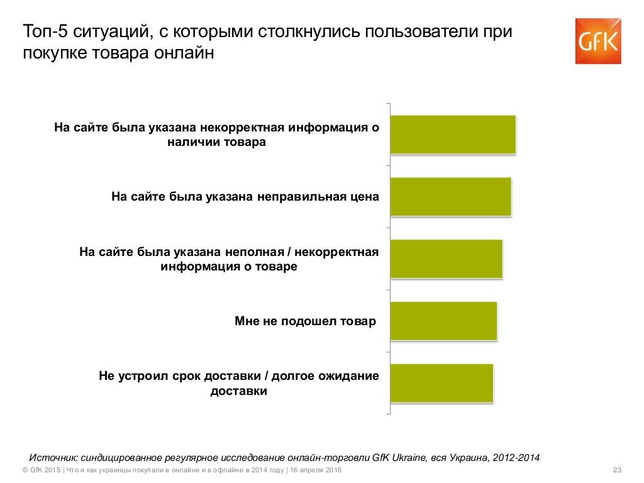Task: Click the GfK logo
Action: pos(597,41)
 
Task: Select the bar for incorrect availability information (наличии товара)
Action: pos(453,135)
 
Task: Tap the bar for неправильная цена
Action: pos(450,197)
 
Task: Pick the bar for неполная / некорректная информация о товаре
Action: pos(446,259)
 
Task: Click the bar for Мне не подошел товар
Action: pos(443,321)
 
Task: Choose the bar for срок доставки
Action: pos(441,383)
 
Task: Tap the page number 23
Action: pos(616,470)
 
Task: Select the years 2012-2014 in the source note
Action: pos(517,457)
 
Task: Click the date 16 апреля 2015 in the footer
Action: pos(315,470)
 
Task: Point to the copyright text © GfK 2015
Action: pos(41,470)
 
